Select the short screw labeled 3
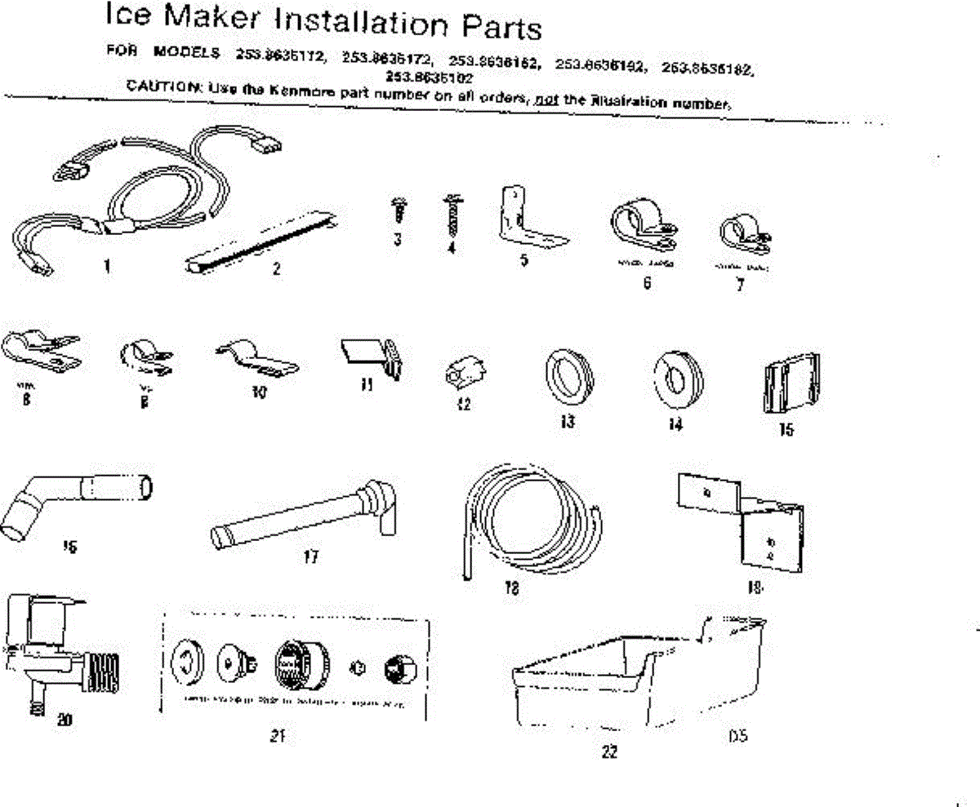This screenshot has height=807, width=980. (x=399, y=208)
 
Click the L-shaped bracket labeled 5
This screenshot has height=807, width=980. (x=527, y=215)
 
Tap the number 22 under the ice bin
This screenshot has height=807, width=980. (x=609, y=752)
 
